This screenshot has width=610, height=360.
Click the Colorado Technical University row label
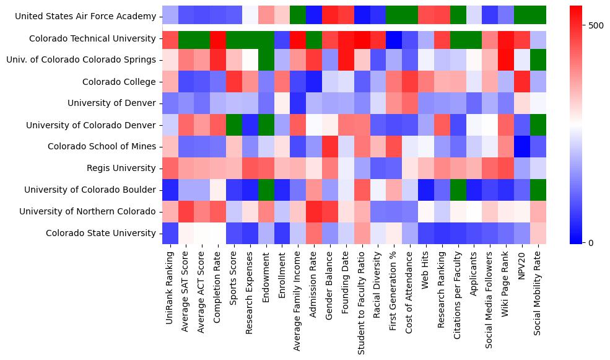pyautogui.click(x=92, y=38)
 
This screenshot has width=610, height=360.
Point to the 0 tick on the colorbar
pyautogui.click(x=591, y=242)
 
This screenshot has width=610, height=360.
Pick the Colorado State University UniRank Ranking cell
pyautogui.click(x=170, y=233)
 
